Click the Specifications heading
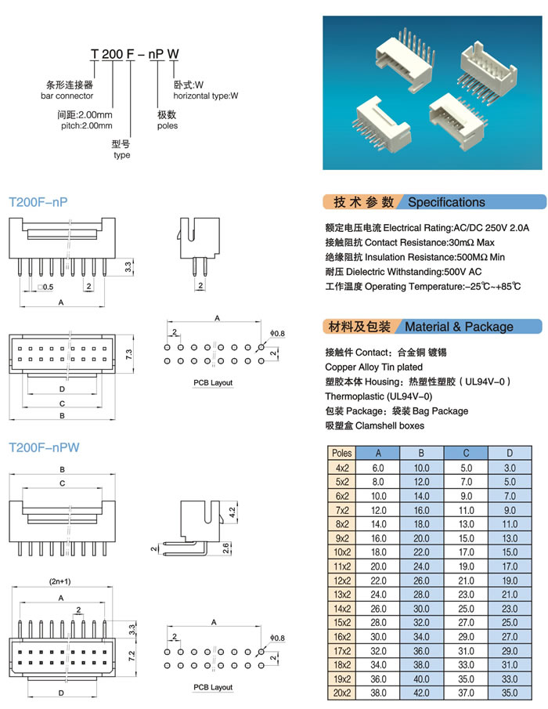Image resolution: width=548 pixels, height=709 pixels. coord(446,202)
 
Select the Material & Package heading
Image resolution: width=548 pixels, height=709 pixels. coord(459,327)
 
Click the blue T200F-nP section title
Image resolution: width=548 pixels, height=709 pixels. coord(38,202)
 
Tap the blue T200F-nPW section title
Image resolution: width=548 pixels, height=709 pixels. coord(43,448)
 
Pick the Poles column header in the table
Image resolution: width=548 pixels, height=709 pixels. coord(341,453)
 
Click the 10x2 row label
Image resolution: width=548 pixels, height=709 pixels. coord(341,552)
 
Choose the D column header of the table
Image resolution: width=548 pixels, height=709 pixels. coord(510,453)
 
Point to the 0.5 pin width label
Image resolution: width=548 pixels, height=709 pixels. coord(47,287)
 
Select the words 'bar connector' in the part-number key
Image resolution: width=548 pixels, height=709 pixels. coord(67,96)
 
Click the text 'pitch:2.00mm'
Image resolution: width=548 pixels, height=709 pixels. coord(85,125)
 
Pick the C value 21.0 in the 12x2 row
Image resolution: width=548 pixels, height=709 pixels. coord(466,581)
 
